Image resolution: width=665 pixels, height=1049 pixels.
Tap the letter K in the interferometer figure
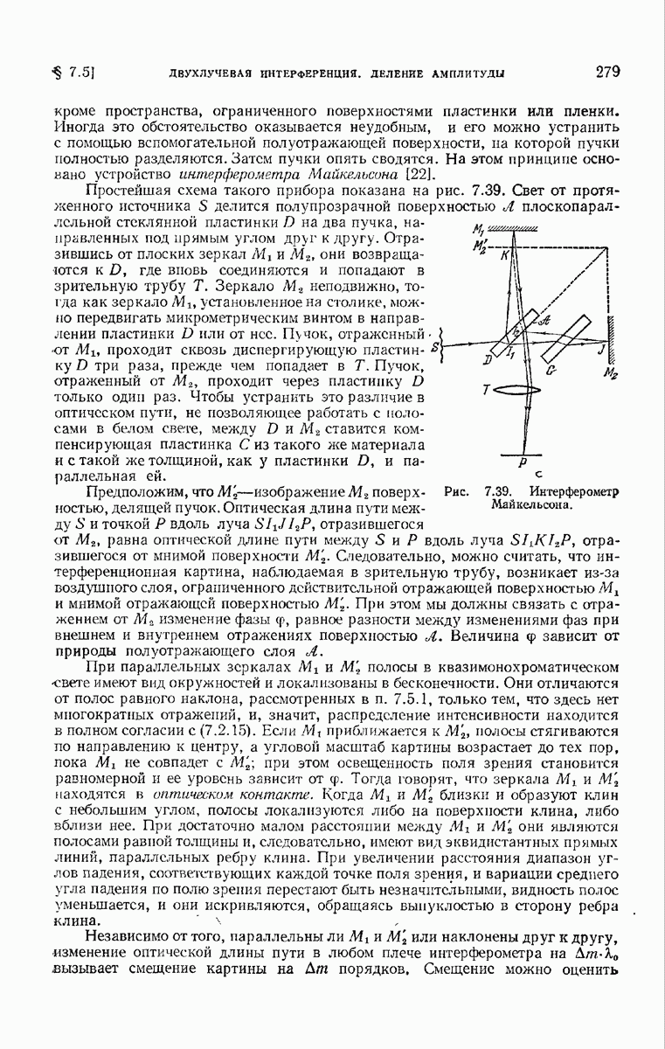pos(504,255)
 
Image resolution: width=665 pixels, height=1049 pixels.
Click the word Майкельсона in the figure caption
pos(523,504)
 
